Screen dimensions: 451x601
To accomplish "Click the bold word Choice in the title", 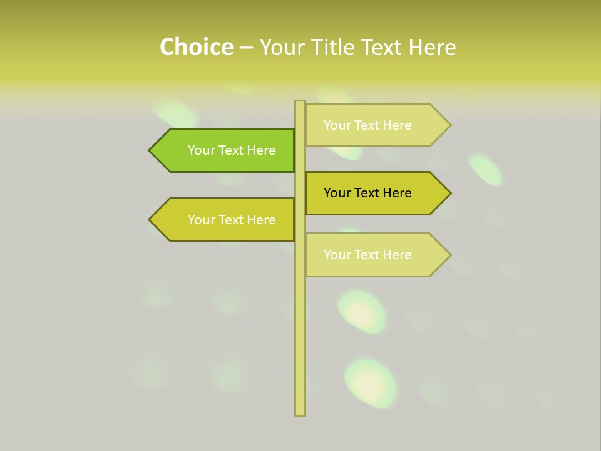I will pyautogui.click(x=196, y=47).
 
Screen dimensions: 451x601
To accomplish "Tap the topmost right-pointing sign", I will pyautogui.click(x=372, y=125).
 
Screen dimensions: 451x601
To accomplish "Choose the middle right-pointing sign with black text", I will pyautogui.click(x=372, y=193).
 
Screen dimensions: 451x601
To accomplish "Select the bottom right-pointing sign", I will pyautogui.click(x=372, y=255).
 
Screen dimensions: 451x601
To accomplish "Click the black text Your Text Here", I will pyautogui.click(x=367, y=193).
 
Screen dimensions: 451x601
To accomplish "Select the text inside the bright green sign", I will pyautogui.click(x=232, y=150).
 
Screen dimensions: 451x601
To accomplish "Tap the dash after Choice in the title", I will pyautogui.click(x=246, y=47).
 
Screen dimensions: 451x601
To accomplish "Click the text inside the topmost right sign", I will pyautogui.click(x=367, y=125).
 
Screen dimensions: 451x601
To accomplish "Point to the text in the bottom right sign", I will pyautogui.click(x=367, y=255).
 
